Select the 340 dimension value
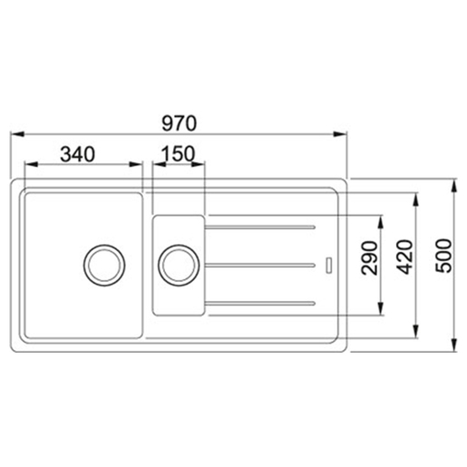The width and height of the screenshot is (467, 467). [79, 153]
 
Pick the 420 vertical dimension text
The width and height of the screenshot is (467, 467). [404, 264]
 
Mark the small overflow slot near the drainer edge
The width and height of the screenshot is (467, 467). [327, 265]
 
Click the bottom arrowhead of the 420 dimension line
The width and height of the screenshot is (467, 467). [416, 334]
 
